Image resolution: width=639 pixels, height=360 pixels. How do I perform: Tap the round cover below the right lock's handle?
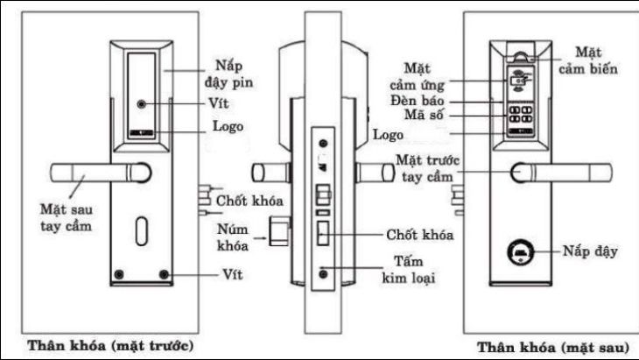520,253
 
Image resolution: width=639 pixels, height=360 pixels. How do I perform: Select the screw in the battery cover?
142,103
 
